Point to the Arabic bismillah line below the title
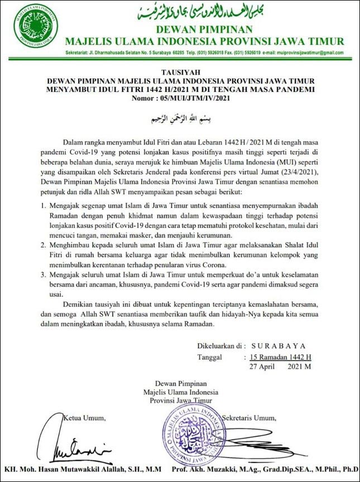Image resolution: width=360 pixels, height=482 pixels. [179, 119]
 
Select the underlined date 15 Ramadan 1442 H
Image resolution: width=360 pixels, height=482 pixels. [280, 357]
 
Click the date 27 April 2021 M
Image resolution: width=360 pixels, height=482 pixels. [280, 367]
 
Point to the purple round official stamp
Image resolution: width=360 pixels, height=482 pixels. [194, 435]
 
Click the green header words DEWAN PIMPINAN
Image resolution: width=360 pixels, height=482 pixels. [204, 29]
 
